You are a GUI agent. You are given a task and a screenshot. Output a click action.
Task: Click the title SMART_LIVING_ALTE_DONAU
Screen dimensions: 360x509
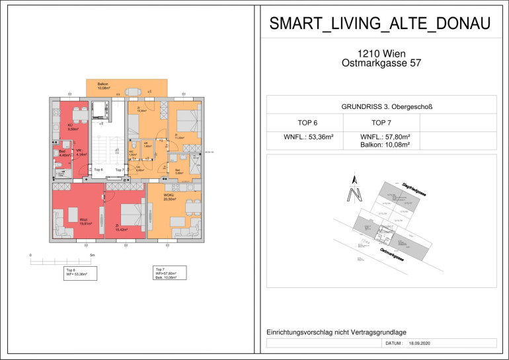click(380, 24)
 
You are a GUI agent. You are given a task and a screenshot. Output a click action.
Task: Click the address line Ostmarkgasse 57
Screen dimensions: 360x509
click(380, 63)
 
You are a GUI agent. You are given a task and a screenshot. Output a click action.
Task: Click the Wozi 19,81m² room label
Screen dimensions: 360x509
click(84, 222)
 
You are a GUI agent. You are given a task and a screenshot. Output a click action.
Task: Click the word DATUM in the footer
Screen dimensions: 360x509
click(394, 344)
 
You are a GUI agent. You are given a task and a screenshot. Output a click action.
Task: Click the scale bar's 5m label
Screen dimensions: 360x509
click(93, 254)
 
